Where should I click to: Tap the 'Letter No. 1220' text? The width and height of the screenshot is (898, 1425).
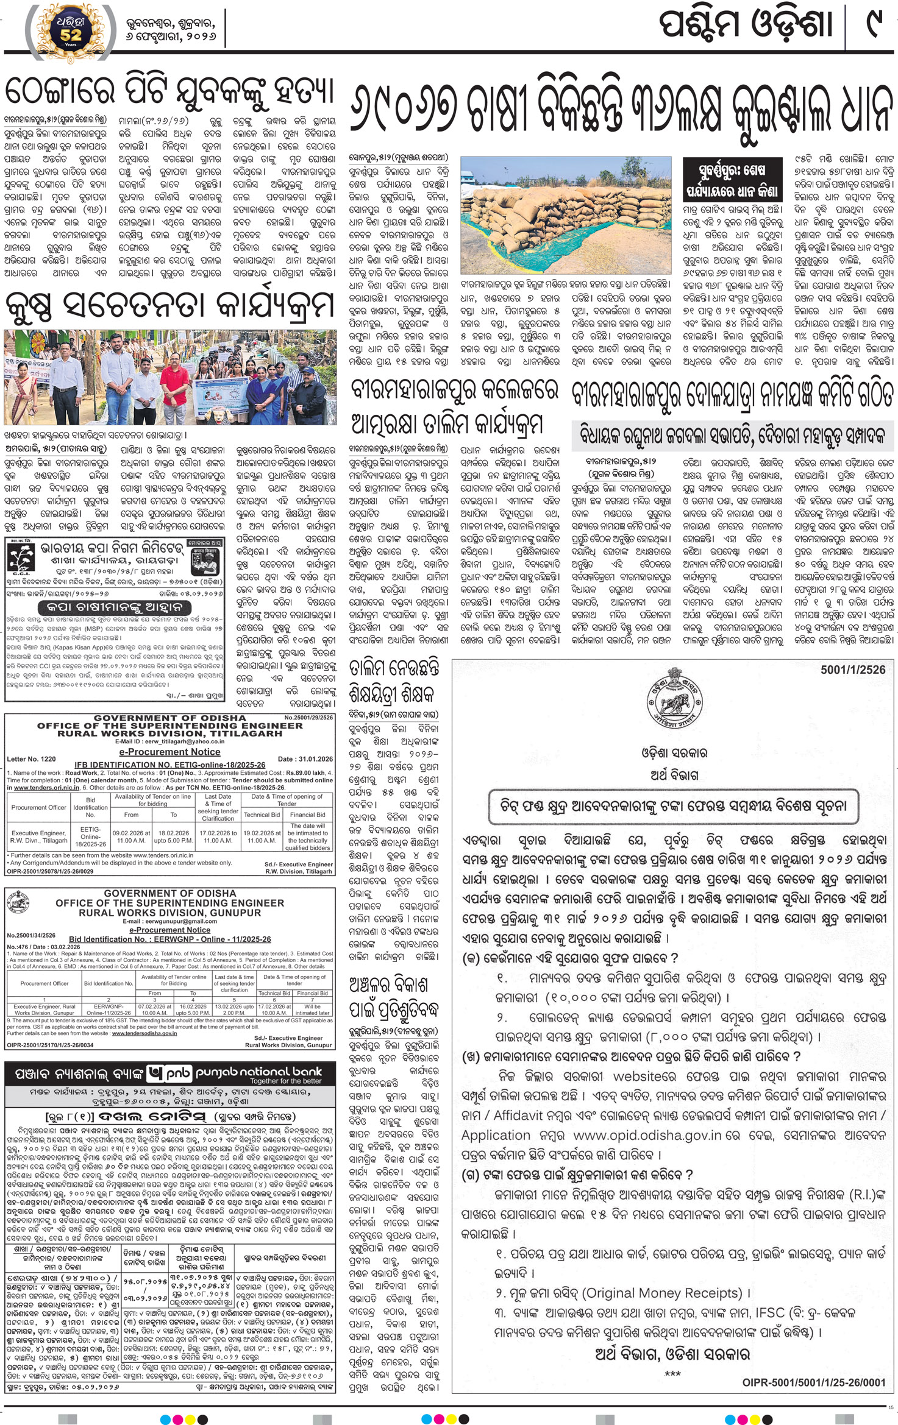[31, 759]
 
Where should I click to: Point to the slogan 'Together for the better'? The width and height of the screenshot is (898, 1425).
[285, 1081]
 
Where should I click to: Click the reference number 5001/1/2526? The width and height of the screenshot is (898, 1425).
[852, 670]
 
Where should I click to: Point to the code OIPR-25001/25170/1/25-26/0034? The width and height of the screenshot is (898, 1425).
[51, 1045]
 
